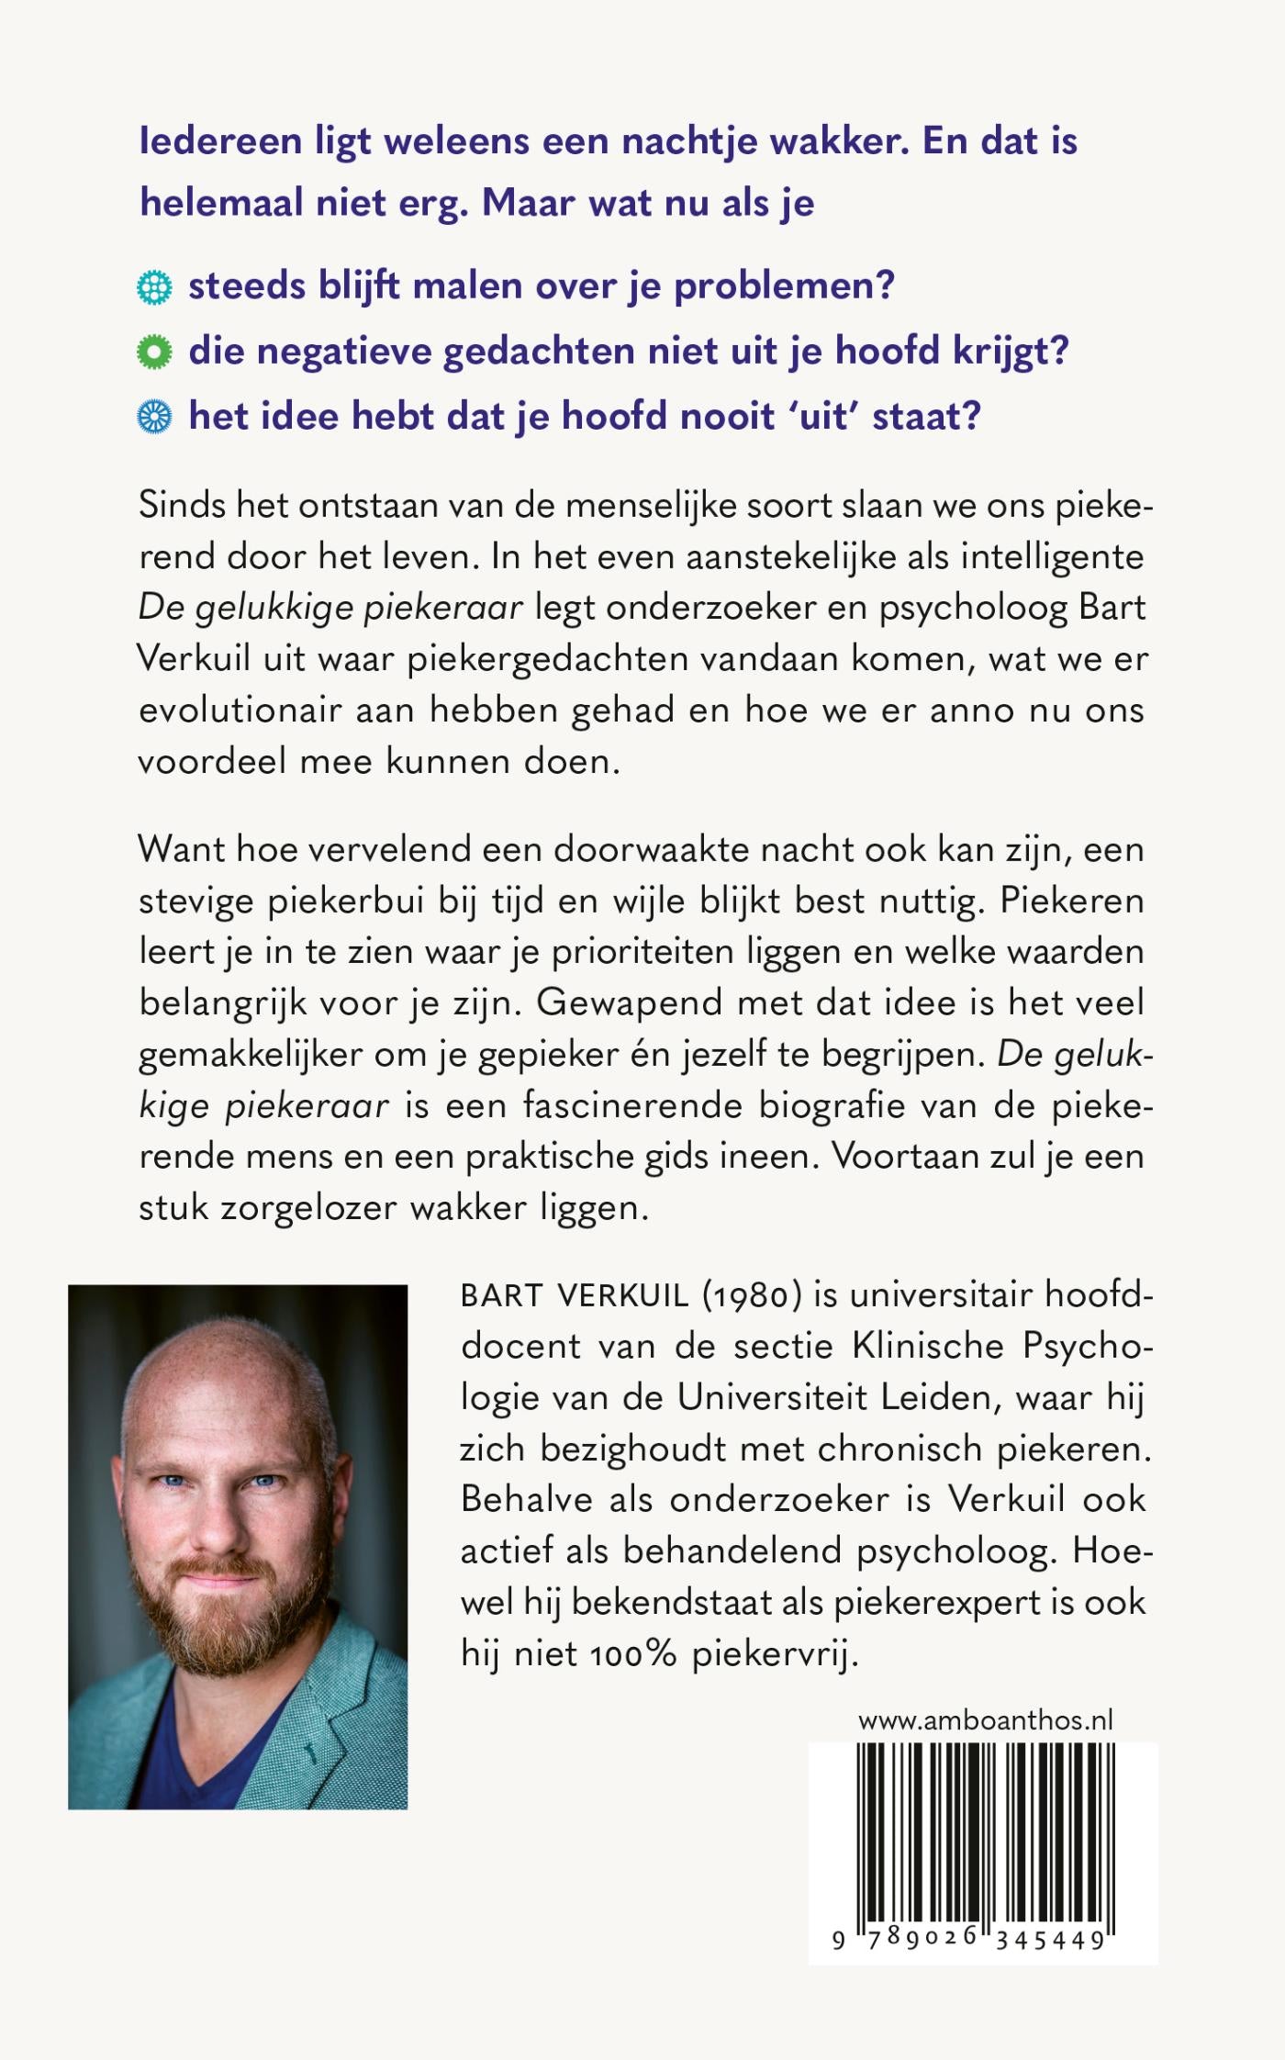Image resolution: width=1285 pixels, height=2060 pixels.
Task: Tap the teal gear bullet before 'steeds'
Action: pos(154,287)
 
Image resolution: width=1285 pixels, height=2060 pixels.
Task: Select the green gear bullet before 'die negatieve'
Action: pos(154,353)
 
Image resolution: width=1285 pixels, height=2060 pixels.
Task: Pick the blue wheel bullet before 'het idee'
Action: pos(154,418)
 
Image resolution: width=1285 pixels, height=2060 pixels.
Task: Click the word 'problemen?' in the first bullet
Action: pos(784,287)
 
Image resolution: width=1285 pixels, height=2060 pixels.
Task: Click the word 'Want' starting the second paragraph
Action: pos(182,849)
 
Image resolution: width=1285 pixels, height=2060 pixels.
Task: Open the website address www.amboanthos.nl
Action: pos(985,1720)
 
